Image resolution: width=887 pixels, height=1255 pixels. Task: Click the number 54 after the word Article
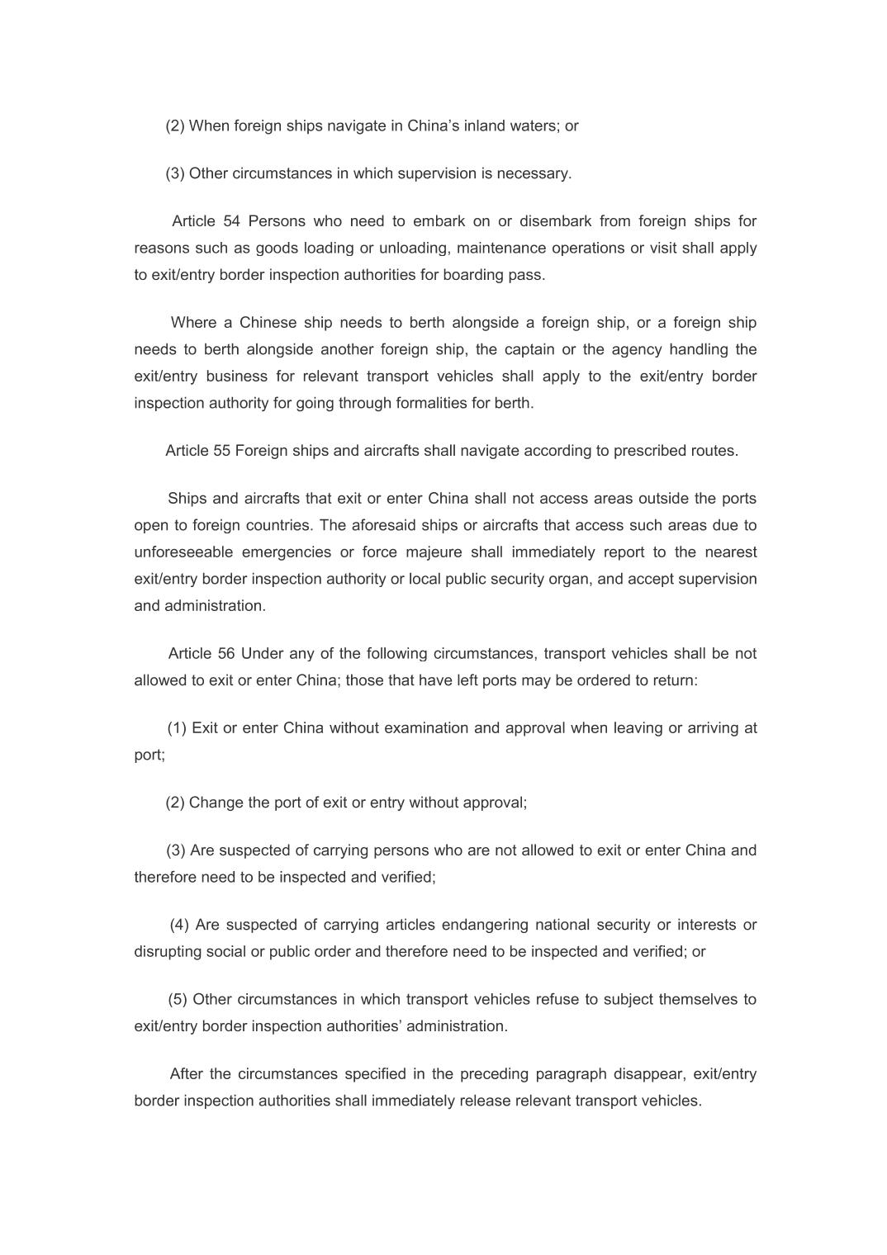(231, 221)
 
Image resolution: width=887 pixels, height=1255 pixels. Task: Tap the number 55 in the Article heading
(221, 451)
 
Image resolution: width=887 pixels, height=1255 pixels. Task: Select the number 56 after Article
(226, 654)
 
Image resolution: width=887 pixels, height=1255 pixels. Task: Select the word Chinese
(268, 323)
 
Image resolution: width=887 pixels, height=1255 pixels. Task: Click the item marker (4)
(179, 925)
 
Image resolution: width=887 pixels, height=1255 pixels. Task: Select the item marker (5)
(178, 1000)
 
